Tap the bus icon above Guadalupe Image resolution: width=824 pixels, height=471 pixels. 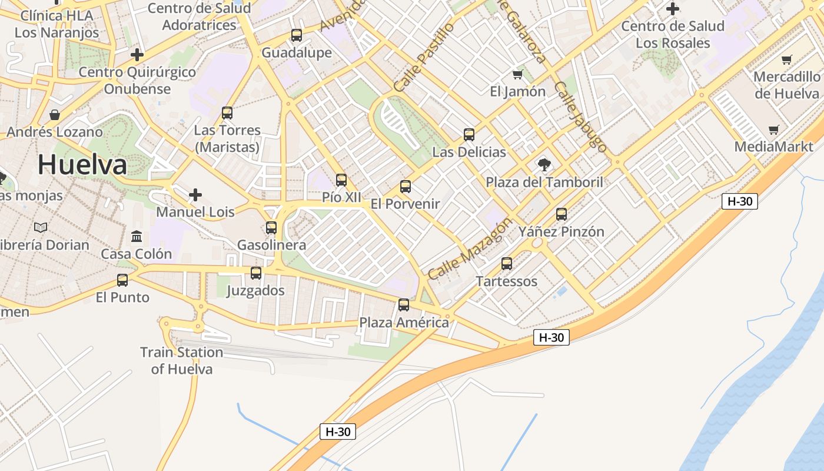point(297,35)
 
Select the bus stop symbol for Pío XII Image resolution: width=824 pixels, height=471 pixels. point(341,180)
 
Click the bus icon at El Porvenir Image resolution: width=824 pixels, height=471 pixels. point(406,187)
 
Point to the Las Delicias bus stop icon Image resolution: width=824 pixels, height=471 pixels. point(469,135)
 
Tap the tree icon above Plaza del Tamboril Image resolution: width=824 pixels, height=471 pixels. point(544,164)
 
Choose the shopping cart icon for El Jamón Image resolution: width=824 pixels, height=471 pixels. point(518,74)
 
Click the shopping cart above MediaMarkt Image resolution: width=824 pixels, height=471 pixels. point(774,130)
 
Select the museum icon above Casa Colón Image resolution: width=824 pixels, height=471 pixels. point(137,237)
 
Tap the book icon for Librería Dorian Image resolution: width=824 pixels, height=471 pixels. point(41,227)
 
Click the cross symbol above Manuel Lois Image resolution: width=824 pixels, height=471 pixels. point(195,194)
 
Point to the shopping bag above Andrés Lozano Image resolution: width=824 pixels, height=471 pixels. point(55,114)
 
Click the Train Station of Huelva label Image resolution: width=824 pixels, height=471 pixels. point(181,360)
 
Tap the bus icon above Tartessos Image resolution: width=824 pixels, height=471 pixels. point(507,264)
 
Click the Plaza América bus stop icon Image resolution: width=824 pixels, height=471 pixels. point(404,305)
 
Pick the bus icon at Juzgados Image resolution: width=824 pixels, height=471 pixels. point(256,273)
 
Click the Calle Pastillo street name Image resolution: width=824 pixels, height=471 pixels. point(424,57)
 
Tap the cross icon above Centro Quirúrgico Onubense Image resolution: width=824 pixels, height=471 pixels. point(137,55)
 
